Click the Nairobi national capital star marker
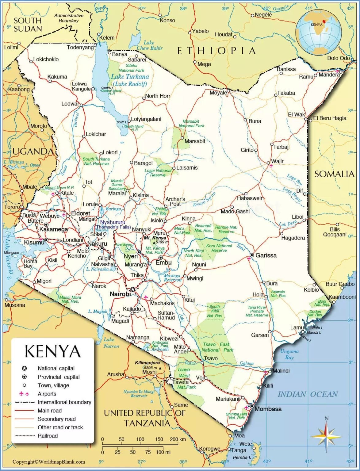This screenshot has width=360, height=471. coord(132,289)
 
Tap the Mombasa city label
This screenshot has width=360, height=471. coord(268,409)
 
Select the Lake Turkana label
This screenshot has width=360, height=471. coord(130,77)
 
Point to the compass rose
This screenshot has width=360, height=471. coord(326,435)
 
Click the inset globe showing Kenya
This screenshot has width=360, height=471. coord(318,32)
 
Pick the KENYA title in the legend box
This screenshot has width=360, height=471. coord(52,351)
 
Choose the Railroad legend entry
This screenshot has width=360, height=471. coord(48,436)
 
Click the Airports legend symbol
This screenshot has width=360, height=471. coord(24,394)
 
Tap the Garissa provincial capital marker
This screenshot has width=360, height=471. coord(252,255)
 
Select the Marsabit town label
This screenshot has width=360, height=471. coord(195,141)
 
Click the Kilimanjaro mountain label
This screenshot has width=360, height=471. coord(147,363)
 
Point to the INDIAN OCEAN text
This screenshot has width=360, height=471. coord(308,394)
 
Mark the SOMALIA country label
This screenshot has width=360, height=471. coord(334,174)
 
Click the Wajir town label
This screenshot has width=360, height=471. coord(277,161)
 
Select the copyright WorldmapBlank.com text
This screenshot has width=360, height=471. coord(49,462)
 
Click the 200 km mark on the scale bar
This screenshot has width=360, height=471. coord(178,439)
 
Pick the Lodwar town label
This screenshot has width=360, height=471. coord(70,104)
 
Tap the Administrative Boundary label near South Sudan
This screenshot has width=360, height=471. coord(69,18)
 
